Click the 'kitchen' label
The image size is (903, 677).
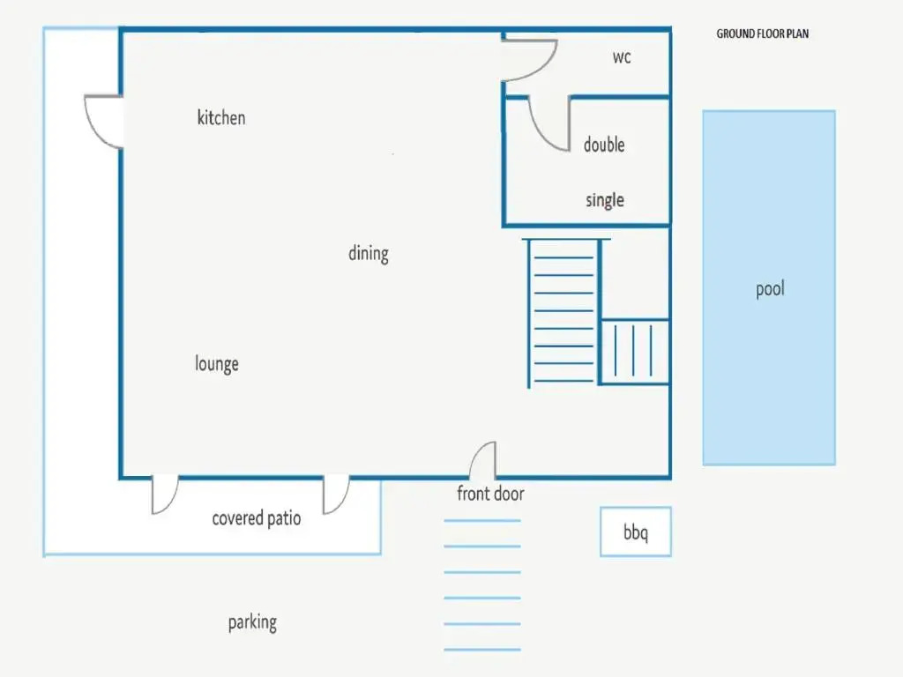click(221, 117)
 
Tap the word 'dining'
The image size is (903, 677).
click(369, 253)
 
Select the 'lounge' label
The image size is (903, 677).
click(217, 364)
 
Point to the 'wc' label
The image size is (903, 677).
click(622, 57)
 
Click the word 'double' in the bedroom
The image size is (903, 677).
click(604, 145)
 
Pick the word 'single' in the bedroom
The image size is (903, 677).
click(605, 200)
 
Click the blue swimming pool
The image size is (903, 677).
click(769, 287)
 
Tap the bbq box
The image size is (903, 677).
click(636, 532)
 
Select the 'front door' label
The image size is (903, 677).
click(490, 494)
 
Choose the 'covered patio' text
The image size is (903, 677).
click(257, 518)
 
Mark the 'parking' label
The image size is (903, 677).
click(252, 622)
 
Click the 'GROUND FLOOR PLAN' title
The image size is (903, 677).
click(763, 33)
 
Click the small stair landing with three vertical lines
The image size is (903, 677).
click(634, 351)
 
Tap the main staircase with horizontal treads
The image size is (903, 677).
click(563, 313)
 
